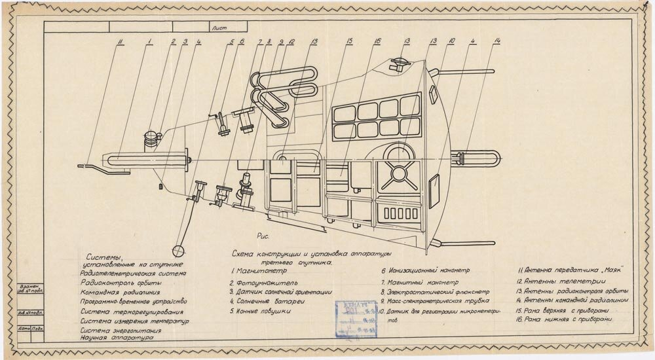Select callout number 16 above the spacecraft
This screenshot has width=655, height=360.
(377, 42)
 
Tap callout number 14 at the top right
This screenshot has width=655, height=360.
(498, 42)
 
